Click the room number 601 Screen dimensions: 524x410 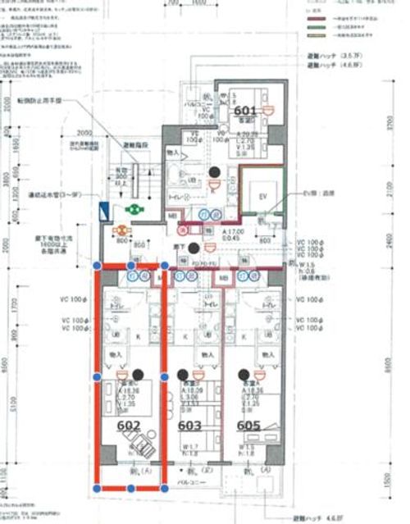coord(246,109)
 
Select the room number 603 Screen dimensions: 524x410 coord(189,426)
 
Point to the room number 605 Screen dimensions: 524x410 coord(249,426)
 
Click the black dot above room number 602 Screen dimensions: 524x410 coord(138,374)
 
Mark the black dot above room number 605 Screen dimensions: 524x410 coord(244,374)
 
